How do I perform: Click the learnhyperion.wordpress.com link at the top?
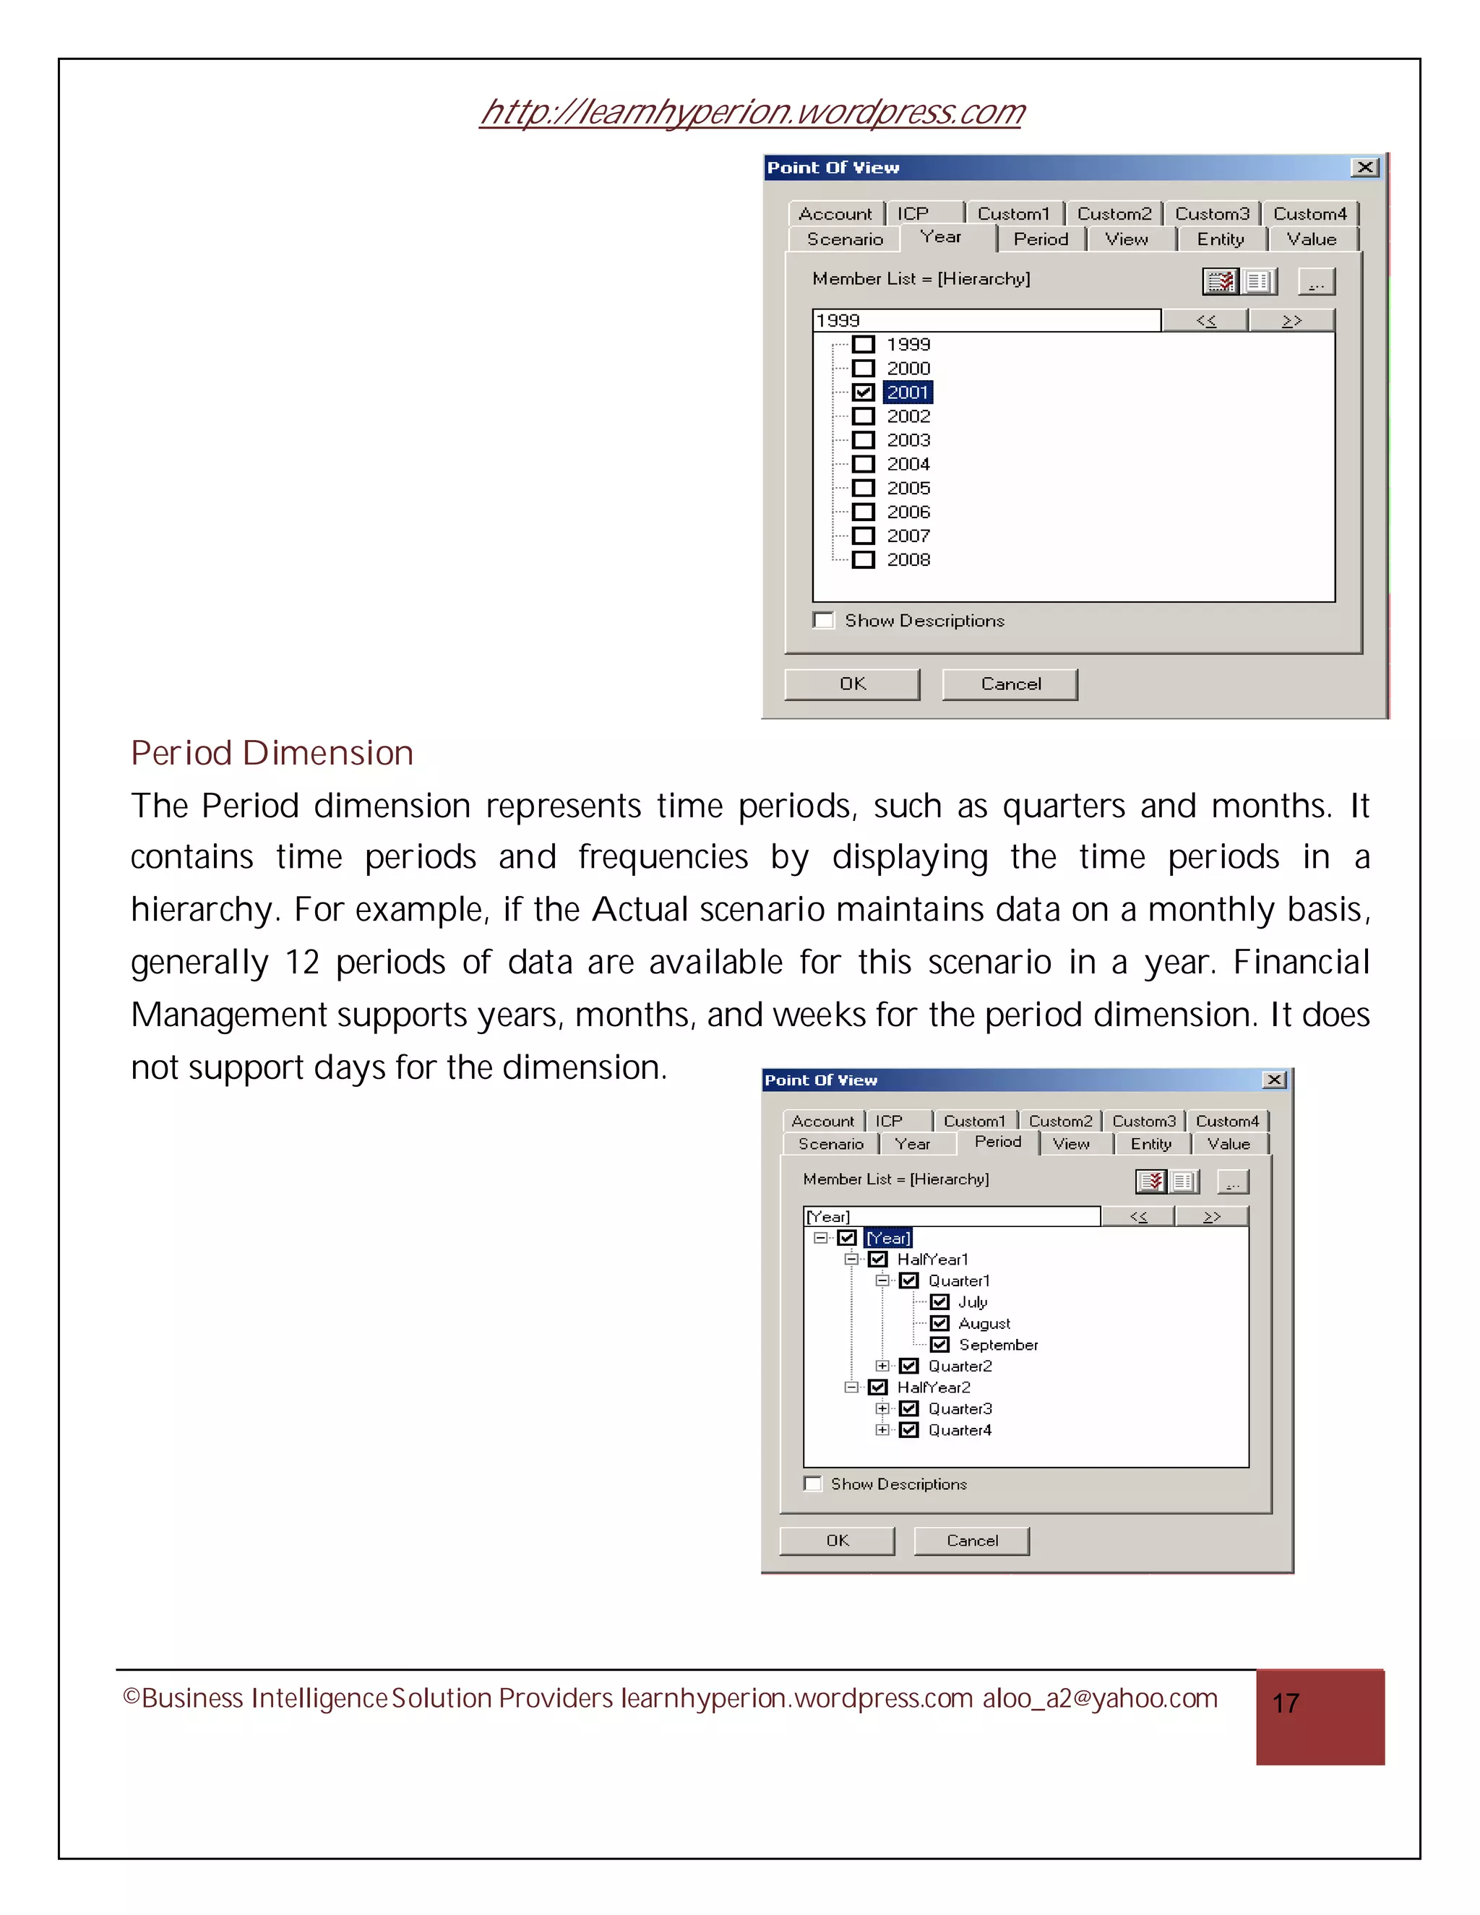pyautogui.click(x=752, y=112)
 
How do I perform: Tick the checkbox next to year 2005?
pyautogui.click(x=864, y=489)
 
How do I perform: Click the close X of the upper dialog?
pyautogui.click(x=1364, y=168)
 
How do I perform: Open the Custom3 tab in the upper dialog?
pyautogui.click(x=1212, y=214)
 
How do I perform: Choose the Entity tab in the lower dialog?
pyautogui.click(x=1150, y=1144)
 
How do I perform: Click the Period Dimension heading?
pyautogui.click(x=272, y=753)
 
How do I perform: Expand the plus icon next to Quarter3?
pyautogui.click(x=882, y=1408)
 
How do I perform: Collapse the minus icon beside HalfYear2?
pyautogui.click(x=851, y=1387)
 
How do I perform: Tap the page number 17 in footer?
pyautogui.click(x=1286, y=1703)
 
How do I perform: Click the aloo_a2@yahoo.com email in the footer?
pyautogui.click(x=1099, y=1698)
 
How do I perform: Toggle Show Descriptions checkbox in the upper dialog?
pyautogui.click(x=823, y=621)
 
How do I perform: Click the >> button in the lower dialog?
pyautogui.click(x=1212, y=1217)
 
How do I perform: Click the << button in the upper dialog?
pyautogui.click(x=1205, y=321)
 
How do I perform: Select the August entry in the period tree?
pyautogui.click(x=984, y=1323)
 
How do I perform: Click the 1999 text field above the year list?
pyautogui.click(x=986, y=321)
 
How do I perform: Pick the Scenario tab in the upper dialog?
pyautogui.click(x=844, y=239)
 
